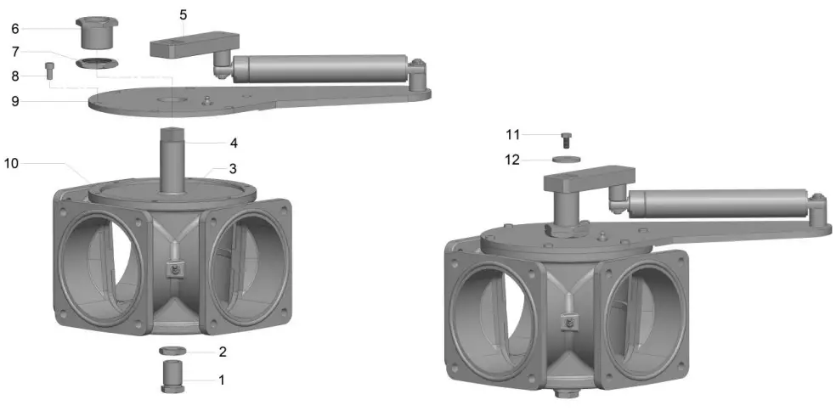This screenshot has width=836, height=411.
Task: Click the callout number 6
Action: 14,28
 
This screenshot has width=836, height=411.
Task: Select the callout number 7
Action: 14,51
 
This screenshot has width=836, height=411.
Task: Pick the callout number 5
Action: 184,14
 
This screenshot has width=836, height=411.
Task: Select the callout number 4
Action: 233,143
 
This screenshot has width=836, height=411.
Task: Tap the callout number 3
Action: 233,167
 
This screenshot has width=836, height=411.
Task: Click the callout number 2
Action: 222,351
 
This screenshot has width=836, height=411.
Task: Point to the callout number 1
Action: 222,380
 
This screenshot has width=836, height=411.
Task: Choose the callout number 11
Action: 512,134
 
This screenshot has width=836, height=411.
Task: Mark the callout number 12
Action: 512,158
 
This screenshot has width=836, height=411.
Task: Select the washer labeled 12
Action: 566,158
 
